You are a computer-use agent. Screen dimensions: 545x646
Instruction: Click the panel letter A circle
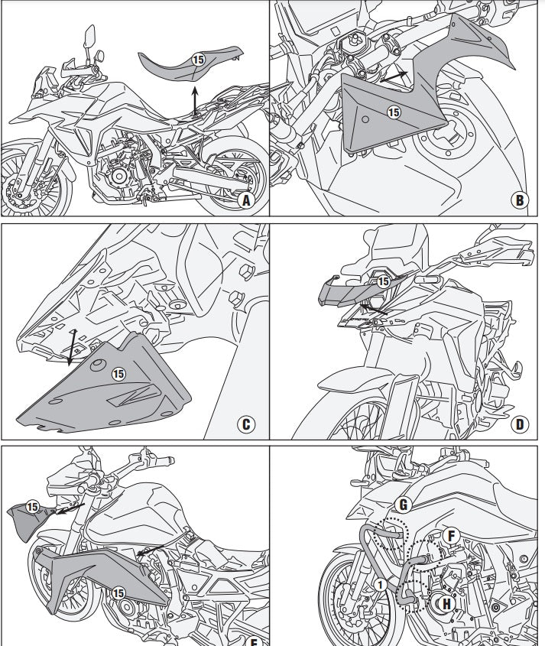click(246, 200)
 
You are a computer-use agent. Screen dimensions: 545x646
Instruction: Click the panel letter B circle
click(520, 200)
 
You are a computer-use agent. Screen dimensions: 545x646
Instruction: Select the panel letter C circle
click(246, 424)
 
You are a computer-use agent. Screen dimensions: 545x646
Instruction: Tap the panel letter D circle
click(520, 424)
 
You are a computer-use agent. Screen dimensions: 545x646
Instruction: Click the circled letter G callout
click(404, 505)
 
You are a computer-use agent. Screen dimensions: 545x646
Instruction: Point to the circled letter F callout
click(451, 536)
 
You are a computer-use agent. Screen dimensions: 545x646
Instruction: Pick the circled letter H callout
click(446, 604)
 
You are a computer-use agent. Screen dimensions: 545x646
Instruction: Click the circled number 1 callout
click(380, 585)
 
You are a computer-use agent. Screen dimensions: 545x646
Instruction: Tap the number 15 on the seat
click(198, 60)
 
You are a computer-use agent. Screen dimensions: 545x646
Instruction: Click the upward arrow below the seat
click(195, 100)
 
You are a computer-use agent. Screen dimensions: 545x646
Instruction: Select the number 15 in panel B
click(394, 112)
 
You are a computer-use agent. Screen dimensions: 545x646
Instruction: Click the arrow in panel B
click(394, 76)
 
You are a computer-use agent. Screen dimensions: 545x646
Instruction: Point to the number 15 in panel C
click(118, 374)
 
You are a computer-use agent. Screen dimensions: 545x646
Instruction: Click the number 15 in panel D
click(384, 281)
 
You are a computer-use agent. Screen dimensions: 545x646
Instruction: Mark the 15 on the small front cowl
click(32, 507)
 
